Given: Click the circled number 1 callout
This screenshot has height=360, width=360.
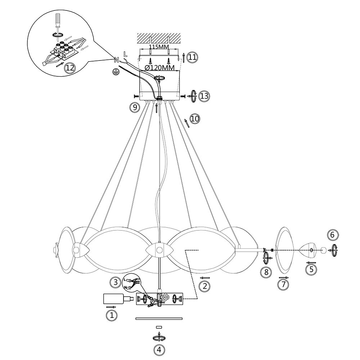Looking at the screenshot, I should tap(112, 315).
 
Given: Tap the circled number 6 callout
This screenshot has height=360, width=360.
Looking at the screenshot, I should tap(332, 235).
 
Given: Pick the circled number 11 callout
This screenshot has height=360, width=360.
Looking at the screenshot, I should tap(192, 57).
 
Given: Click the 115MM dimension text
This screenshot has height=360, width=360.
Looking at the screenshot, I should tap(159, 47).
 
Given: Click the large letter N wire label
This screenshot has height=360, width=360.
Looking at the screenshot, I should tap(116, 60).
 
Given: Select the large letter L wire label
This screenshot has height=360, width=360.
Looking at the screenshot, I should tap(125, 54).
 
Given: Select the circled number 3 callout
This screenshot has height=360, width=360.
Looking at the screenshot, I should tap(115, 283).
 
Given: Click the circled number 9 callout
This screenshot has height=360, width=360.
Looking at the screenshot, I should tap(135, 107).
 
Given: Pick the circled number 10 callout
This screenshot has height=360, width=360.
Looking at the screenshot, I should tap(195, 119).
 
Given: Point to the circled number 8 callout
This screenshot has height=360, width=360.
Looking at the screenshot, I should tap(266, 272).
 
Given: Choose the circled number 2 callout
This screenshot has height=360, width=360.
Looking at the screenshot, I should tap(205, 286).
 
